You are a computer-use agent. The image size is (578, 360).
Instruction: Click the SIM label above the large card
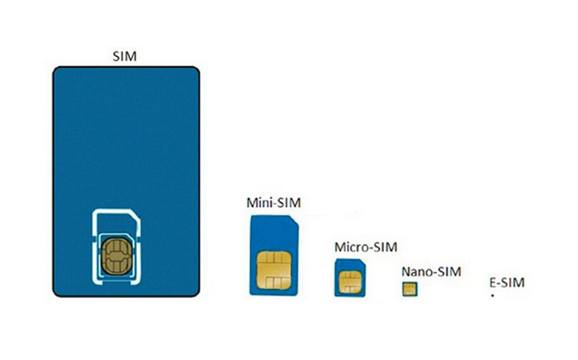[x=125, y=57]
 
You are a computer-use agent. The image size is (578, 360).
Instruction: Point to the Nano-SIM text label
[x=431, y=272]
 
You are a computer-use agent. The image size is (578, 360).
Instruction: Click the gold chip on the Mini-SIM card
[x=273, y=266]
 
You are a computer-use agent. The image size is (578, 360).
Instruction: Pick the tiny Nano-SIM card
[x=409, y=288]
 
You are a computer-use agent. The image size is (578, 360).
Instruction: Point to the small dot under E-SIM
[x=492, y=295]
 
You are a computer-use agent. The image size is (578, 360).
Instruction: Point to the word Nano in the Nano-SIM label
[x=418, y=272]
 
